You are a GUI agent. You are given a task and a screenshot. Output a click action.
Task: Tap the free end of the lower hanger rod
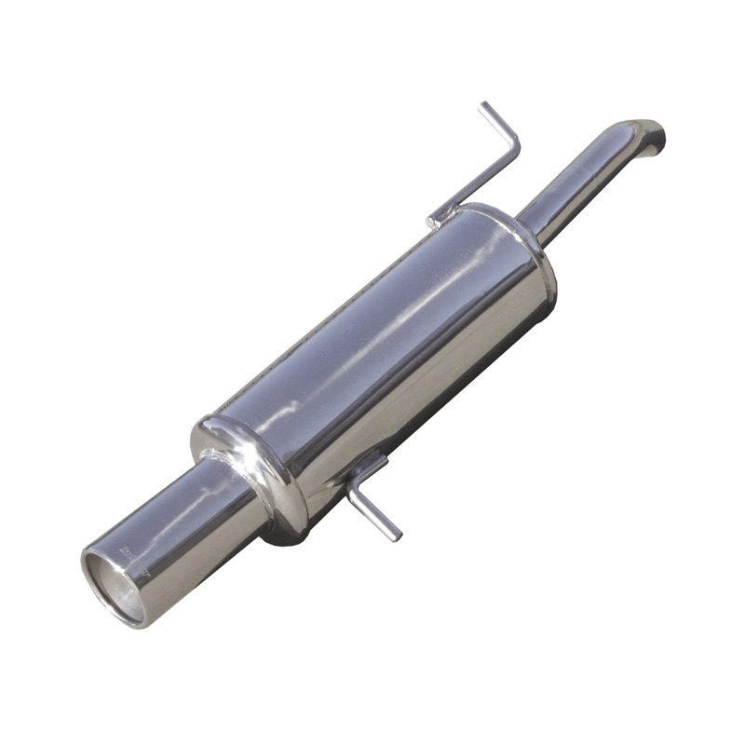393,534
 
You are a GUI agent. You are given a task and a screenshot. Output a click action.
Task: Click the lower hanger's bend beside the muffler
359,494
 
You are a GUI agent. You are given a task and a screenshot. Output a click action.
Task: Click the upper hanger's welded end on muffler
436,222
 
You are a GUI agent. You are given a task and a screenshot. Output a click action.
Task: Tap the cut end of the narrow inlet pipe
659,140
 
